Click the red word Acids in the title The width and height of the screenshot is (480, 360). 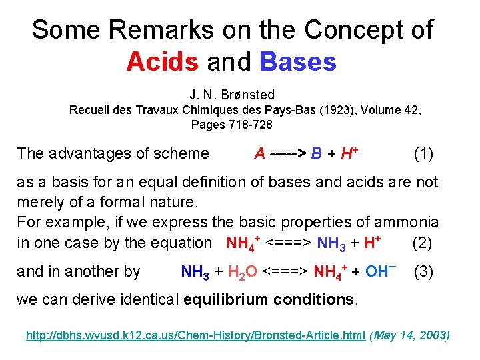click(162, 62)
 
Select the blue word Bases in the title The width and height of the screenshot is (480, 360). click(298, 62)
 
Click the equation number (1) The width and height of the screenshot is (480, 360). click(423, 154)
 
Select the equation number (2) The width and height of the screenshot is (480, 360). click(423, 243)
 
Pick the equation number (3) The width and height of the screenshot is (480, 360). click(425, 271)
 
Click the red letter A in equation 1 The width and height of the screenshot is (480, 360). click(259, 154)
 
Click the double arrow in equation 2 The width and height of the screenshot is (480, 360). click(289, 243)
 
